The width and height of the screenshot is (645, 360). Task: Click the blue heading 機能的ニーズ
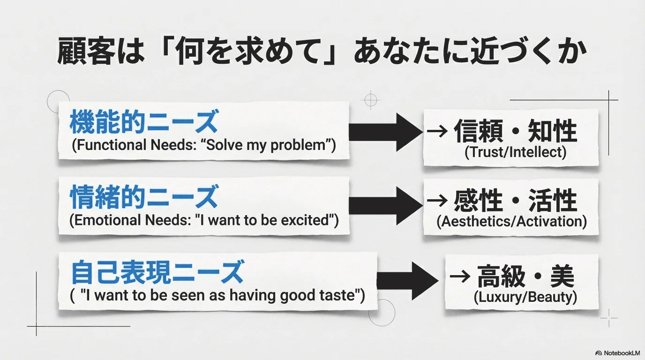pyautogui.click(x=143, y=123)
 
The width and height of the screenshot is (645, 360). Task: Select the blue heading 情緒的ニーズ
pyautogui.click(x=143, y=197)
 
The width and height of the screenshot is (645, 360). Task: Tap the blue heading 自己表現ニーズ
pyautogui.click(x=157, y=273)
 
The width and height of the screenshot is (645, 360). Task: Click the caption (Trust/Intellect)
pyautogui.click(x=515, y=152)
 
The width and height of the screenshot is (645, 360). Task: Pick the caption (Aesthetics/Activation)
pyautogui.click(x=511, y=221)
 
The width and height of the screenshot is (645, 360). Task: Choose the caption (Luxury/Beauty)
pyautogui.click(x=525, y=297)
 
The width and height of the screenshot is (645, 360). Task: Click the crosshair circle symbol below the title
pyautogui.click(x=371, y=99)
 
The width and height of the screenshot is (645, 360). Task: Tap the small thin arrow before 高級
pyautogui.click(x=459, y=277)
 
